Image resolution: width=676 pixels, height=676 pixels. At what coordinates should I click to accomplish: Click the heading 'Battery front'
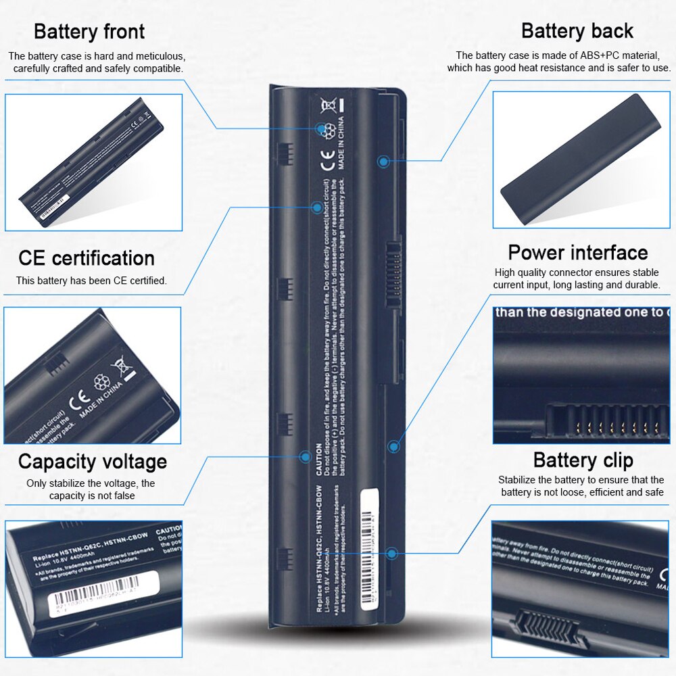click(89, 31)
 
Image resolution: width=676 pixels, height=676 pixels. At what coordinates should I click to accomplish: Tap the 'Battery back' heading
click(577, 31)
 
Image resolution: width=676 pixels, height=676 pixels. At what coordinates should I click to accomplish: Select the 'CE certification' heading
click(87, 258)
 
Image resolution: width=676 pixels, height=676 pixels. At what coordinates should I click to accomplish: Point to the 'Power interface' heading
click(578, 253)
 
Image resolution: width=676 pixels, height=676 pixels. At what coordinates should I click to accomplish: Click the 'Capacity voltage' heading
click(93, 462)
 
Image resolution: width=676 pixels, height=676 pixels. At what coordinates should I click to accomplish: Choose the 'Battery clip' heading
click(583, 460)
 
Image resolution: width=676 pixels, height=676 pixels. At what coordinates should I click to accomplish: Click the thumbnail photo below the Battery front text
click(93, 162)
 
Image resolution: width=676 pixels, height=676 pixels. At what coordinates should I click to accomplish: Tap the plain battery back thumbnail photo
click(581, 160)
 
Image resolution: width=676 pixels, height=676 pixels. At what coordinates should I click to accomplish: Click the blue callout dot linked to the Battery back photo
click(383, 162)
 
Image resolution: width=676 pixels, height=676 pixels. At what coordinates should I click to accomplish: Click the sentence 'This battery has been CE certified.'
click(91, 281)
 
